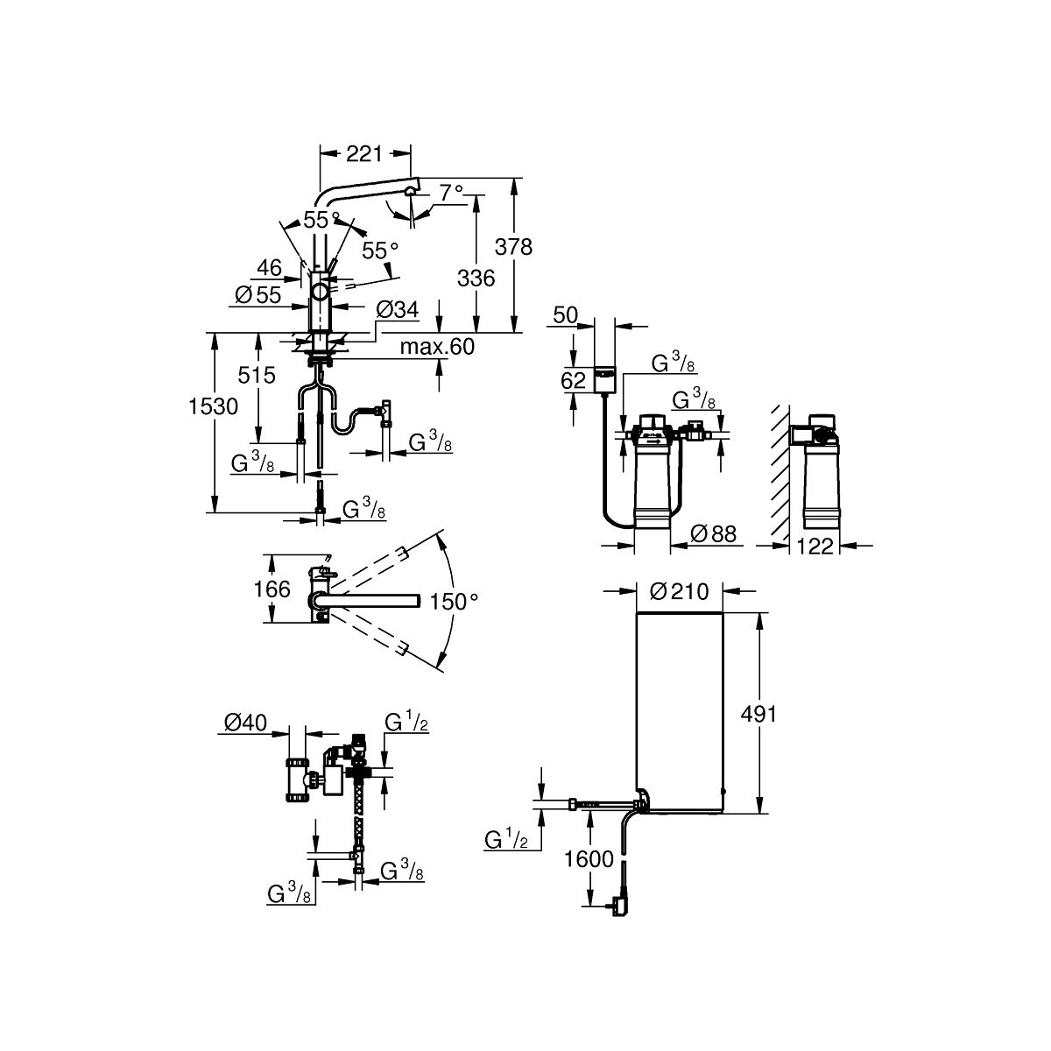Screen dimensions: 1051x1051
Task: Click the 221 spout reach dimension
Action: click(x=363, y=154)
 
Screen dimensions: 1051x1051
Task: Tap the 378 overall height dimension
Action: click(x=513, y=247)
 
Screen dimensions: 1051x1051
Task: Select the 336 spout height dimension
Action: click(x=476, y=279)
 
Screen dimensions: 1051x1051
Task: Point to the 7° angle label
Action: click(x=452, y=192)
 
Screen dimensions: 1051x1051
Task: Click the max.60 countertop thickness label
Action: click(x=437, y=346)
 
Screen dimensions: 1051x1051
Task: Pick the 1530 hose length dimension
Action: click(x=213, y=406)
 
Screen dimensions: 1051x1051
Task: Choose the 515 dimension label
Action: click(x=257, y=375)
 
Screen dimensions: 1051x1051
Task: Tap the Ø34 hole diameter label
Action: click(x=398, y=310)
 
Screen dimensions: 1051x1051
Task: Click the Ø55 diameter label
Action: click(x=258, y=295)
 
